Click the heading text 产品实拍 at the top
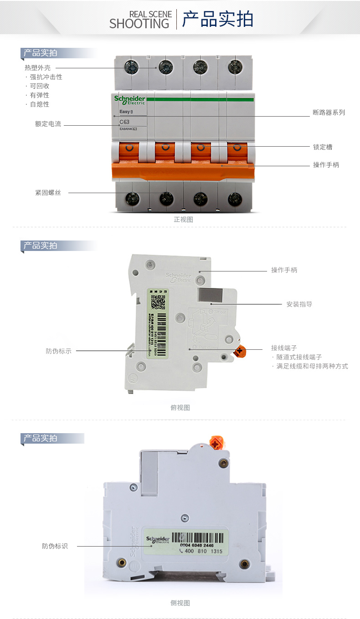[217, 20]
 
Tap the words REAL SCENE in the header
[150, 14]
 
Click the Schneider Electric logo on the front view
[130, 100]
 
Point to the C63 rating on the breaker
[124, 122]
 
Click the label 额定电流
[48, 124]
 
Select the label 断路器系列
[329, 113]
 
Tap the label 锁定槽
[323, 147]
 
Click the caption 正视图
[183, 220]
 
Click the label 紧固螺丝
[48, 193]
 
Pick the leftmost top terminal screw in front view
[132, 67]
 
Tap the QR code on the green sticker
[158, 302]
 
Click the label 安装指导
[299, 304]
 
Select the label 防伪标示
[58, 351]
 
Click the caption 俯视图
[180, 408]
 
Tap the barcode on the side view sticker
[198, 537]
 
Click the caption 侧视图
[180, 603]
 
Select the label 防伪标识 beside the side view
[55, 546]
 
